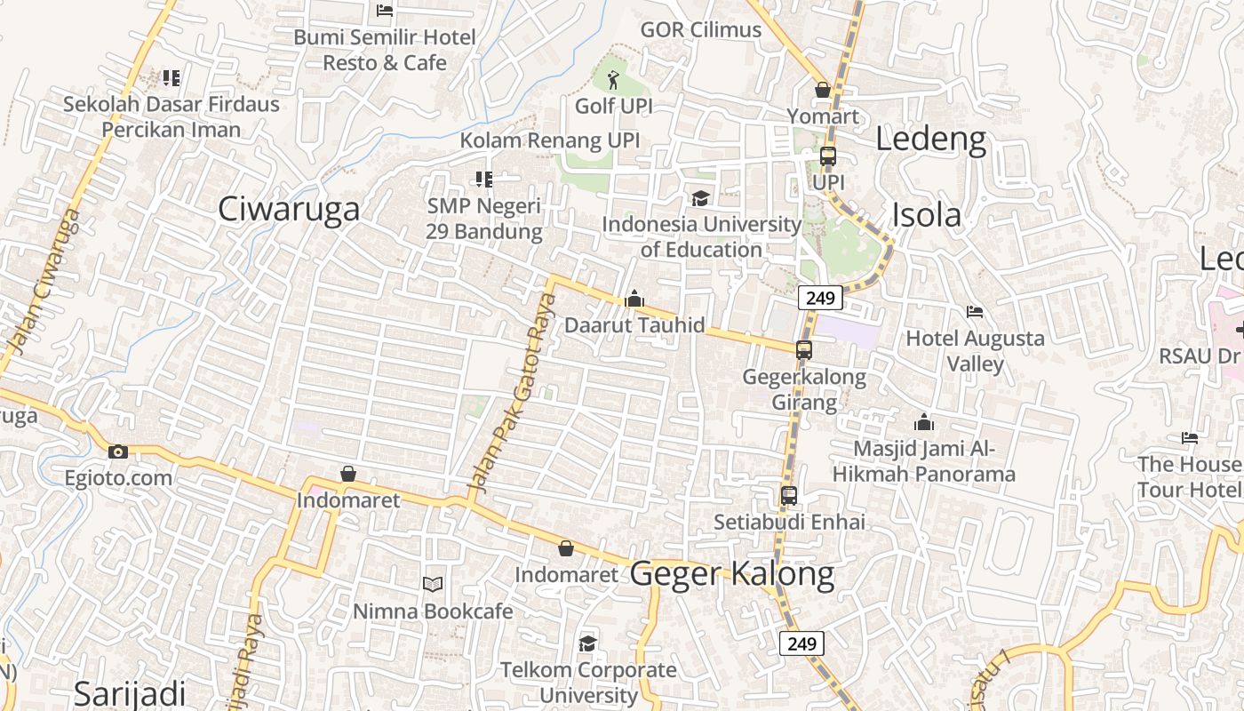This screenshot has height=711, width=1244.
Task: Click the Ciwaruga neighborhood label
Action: (x=289, y=209)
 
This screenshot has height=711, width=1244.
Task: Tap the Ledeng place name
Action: (x=930, y=140)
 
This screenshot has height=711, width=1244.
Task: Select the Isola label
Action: (x=926, y=215)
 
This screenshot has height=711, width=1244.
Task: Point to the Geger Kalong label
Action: (x=732, y=574)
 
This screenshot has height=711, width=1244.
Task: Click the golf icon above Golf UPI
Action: (x=613, y=82)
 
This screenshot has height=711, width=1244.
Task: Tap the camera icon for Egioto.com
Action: (x=117, y=452)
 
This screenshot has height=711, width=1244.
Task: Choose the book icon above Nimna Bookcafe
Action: (x=433, y=585)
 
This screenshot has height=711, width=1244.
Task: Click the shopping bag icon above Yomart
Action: (x=823, y=91)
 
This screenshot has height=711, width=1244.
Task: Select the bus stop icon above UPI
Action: (x=828, y=156)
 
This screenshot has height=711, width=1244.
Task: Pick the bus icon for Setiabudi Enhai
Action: (x=789, y=496)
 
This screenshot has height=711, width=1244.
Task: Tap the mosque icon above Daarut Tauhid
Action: (x=634, y=300)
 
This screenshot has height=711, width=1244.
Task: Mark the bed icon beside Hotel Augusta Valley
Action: (x=975, y=312)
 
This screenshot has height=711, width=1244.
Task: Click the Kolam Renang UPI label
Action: (x=549, y=140)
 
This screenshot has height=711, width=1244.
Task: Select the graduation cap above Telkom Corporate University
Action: (x=587, y=643)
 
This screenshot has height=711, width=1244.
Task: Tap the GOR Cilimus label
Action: (x=701, y=29)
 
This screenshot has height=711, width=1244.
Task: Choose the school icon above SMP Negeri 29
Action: (x=484, y=180)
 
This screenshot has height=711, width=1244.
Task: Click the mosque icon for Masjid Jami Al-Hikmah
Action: (x=924, y=422)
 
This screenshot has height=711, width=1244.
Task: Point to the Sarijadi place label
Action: (x=130, y=693)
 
